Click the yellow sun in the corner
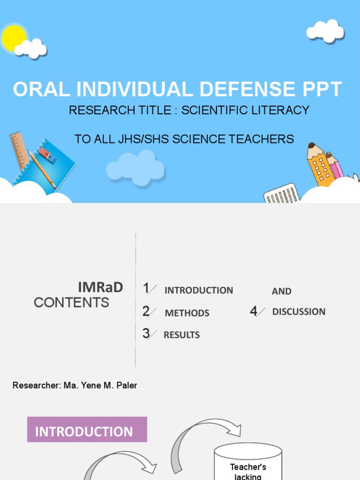[x=13, y=38]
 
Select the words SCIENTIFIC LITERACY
[x=245, y=110]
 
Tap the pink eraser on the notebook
[x=47, y=155]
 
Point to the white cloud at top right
[x=325, y=31]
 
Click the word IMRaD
[x=100, y=287]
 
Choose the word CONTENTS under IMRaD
[x=71, y=302]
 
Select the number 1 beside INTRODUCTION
[x=146, y=288]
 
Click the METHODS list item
[x=187, y=313]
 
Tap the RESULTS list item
[x=181, y=335]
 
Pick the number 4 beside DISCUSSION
[x=254, y=311]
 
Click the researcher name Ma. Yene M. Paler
[x=100, y=385]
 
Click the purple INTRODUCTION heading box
[x=87, y=430]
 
